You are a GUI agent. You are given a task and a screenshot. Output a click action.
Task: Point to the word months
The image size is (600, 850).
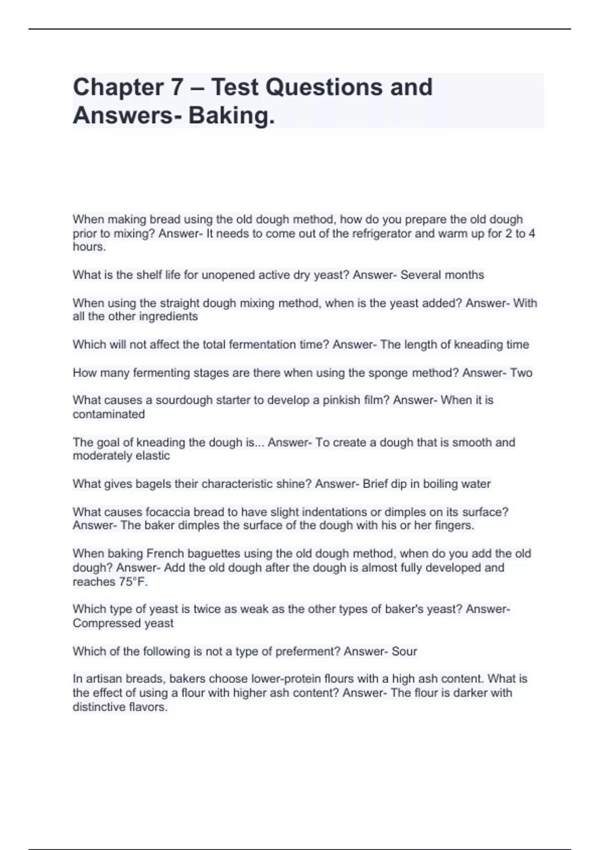[464, 275]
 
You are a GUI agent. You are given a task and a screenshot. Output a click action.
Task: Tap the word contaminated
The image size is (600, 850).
[108, 414]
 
